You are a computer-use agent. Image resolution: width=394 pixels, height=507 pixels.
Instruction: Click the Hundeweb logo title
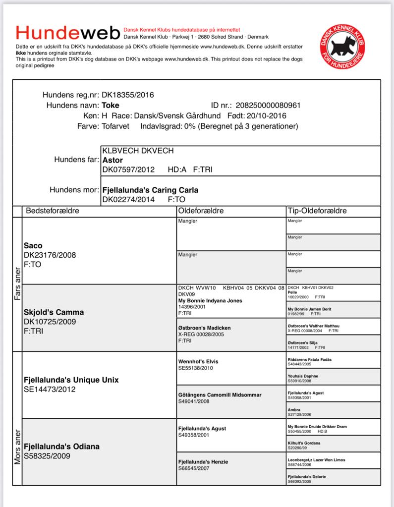[x=68, y=33]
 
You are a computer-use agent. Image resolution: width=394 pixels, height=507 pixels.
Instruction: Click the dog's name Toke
[x=111, y=105]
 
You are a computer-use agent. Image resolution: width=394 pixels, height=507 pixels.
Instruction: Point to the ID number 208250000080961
[x=268, y=105]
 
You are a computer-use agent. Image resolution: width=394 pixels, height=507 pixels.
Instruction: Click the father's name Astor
[x=112, y=160]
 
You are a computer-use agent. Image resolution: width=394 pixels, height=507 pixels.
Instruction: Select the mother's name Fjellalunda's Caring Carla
[x=150, y=190]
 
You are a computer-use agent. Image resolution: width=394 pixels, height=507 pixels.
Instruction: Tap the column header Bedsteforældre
[x=53, y=211]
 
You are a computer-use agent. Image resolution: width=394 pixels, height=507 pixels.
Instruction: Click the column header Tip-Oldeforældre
[x=317, y=211]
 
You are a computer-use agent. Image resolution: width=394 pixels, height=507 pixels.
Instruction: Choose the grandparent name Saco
[x=33, y=245]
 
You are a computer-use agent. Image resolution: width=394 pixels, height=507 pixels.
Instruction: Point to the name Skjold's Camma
[x=54, y=312]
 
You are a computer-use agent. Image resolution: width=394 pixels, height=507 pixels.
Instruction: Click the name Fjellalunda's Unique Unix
[x=71, y=380]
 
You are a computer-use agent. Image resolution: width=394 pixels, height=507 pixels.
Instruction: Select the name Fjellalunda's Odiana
[x=61, y=447]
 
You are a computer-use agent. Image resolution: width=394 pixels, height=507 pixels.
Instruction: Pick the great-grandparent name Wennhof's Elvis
[x=198, y=361]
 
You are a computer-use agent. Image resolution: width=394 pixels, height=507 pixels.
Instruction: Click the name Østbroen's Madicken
[x=204, y=328]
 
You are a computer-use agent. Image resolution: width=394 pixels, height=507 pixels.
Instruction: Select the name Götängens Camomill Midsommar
[x=220, y=395]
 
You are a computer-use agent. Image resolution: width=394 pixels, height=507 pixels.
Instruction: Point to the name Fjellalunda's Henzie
[x=203, y=462]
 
